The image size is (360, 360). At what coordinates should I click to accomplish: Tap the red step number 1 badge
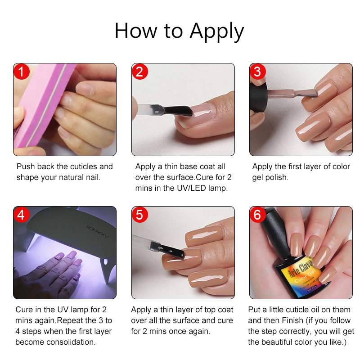coord(21,72)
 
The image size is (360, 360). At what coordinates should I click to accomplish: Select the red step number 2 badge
coord(139,72)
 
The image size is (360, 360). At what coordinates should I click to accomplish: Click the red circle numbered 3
coord(257,72)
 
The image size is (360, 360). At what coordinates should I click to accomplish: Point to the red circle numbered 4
coord(21,215)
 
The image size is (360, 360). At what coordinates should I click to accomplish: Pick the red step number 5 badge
coord(139,215)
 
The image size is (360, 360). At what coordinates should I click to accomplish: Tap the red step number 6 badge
coord(257,215)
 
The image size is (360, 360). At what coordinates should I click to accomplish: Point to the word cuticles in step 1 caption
coord(85,166)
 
